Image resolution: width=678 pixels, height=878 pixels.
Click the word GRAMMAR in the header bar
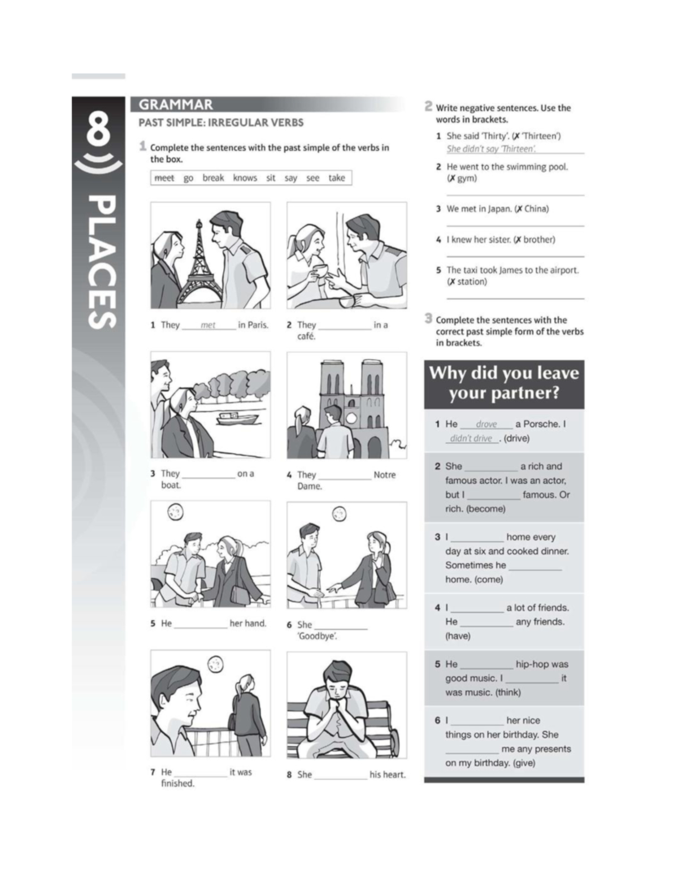click(x=176, y=105)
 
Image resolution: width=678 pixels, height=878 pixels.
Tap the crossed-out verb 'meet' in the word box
click(x=164, y=178)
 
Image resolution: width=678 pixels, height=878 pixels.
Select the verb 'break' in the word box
click(x=213, y=178)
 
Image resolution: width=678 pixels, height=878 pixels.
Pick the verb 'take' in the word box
click(x=336, y=178)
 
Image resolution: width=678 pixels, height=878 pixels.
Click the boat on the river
click(x=237, y=418)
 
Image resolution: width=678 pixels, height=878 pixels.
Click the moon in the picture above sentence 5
click(x=175, y=512)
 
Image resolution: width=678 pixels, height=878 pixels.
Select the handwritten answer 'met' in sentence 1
click(x=208, y=325)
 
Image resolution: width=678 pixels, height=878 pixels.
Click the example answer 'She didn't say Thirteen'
click(x=491, y=149)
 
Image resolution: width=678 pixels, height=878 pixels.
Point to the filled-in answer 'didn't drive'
click(x=471, y=438)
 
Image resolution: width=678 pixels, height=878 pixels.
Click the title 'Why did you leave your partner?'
click(x=504, y=383)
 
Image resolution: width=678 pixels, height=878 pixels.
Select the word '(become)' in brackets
click(x=485, y=509)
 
